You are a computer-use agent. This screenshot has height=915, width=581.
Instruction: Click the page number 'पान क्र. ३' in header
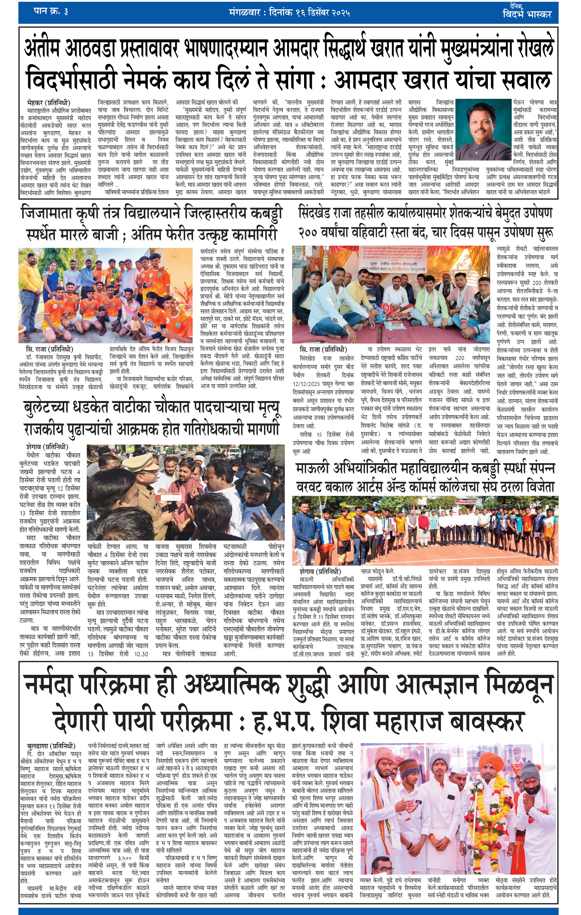click(x=51, y=11)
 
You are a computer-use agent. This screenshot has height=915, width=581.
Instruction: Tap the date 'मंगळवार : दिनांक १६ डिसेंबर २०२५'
click(x=289, y=13)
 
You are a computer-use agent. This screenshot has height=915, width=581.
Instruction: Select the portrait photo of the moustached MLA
click(x=483, y=129)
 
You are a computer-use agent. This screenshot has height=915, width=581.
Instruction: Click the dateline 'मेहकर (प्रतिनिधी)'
click(x=49, y=103)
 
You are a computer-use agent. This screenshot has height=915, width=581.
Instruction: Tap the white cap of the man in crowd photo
click(x=258, y=483)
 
